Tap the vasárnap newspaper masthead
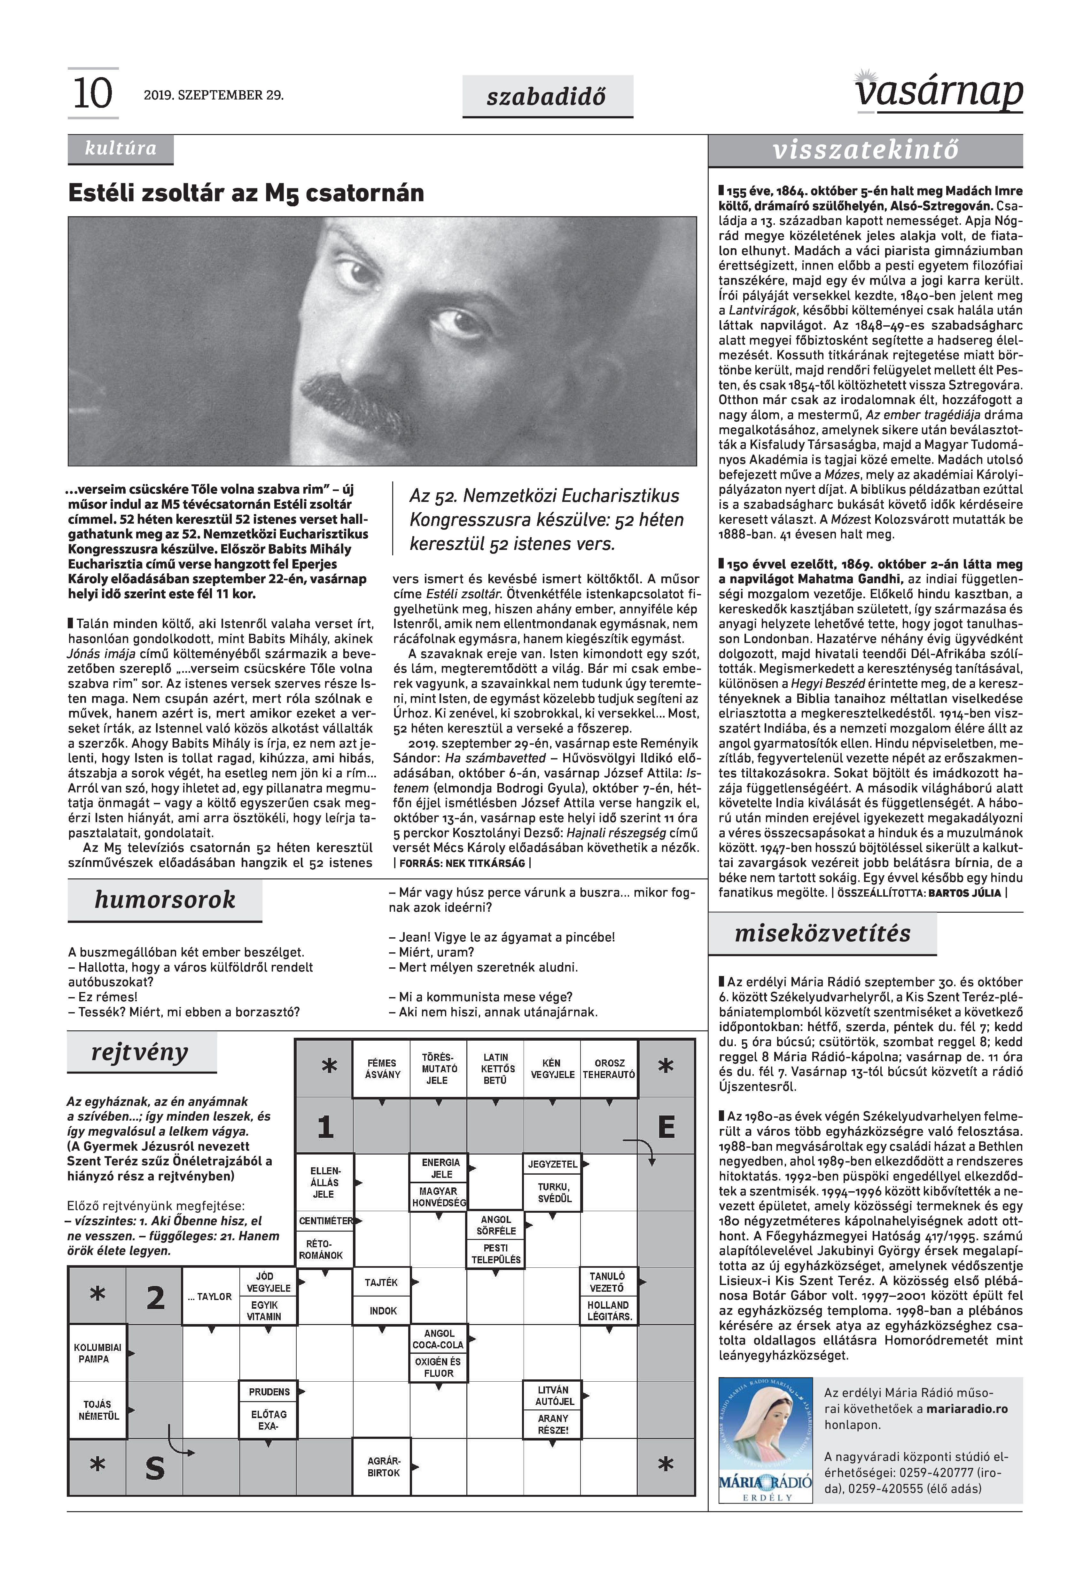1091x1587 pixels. [x=938, y=92]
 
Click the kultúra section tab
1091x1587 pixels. [x=120, y=148]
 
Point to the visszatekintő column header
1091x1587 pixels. [x=865, y=150]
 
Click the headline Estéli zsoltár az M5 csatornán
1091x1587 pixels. [x=246, y=194]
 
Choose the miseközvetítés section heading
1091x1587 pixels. [x=822, y=934]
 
